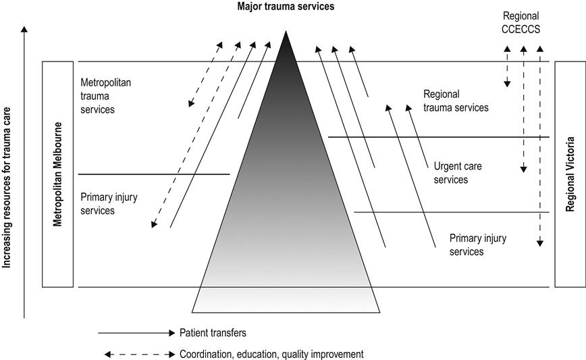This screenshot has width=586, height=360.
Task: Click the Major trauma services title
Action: (x=286, y=7)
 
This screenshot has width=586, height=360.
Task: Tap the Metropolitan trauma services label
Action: (x=105, y=95)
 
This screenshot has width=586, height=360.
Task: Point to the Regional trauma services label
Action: (x=456, y=101)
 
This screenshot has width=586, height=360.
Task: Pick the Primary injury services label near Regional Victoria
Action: (x=477, y=245)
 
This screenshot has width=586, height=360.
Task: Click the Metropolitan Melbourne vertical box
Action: (x=57, y=174)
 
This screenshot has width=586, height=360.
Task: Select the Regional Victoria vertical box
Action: (x=570, y=174)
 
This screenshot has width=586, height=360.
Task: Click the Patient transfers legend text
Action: (x=213, y=332)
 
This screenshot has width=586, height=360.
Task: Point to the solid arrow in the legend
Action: (x=135, y=332)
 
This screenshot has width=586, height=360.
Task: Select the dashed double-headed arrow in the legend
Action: (x=138, y=353)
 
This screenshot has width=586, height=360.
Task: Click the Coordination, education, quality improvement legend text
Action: (x=271, y=353)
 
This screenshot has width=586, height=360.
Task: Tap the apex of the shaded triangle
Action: (x=287, y=32)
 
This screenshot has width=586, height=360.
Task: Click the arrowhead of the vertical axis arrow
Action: (x=25, y=29)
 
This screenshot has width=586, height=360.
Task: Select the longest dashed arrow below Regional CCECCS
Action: (x=539, y=145)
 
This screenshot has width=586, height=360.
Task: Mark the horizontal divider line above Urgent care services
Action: (x=439, y=137)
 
